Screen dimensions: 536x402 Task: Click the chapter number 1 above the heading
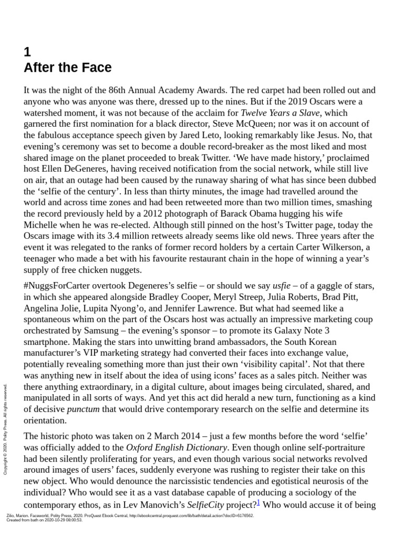(28, 52)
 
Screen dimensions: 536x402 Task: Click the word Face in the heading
(96, 68)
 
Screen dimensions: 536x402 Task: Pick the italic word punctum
(83, 409)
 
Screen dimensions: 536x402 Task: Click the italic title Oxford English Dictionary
(177, 448)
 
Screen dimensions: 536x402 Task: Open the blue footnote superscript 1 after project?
(258, 503)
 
